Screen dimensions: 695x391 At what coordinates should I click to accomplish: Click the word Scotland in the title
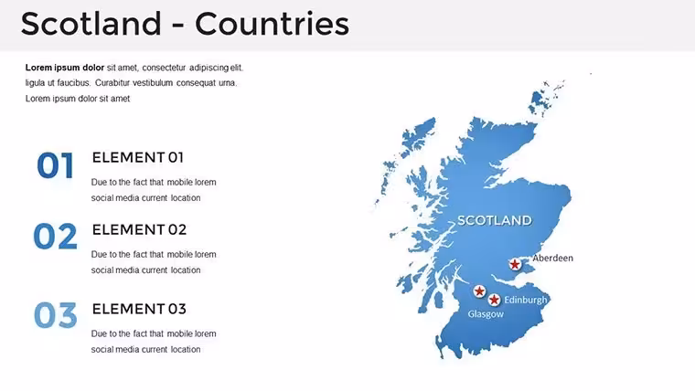point(91,24)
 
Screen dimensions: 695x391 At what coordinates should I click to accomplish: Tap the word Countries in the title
point(273,24)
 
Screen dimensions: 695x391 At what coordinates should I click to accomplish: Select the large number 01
point(56,165)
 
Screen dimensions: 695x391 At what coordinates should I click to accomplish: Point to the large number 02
point(56,236)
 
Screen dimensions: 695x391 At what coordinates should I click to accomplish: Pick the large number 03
point(56,315)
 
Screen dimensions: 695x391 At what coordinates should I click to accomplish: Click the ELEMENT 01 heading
point(138,157)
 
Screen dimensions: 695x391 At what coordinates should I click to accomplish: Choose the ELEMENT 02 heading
point(139,229)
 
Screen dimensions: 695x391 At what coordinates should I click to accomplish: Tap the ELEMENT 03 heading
point(139,309)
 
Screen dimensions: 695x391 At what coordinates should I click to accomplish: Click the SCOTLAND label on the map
point(494,220)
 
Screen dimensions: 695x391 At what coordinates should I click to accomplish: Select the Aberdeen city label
point(552,258)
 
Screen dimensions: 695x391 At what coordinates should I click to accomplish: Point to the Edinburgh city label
point(526,300)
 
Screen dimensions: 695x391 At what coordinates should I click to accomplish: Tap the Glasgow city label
point(486,314)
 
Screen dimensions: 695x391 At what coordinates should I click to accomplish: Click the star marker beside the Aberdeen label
point(515,264)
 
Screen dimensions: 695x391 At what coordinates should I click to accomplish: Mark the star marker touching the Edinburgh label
point(494,300)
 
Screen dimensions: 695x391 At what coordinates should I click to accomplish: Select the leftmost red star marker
point(479,291)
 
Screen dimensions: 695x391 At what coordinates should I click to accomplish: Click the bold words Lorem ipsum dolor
point(65,68)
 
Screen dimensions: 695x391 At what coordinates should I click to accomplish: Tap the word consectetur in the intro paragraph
point(164,68)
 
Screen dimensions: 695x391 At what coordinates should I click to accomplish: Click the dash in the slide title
point(178,26)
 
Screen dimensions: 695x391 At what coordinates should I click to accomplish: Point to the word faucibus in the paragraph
point(73,83)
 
